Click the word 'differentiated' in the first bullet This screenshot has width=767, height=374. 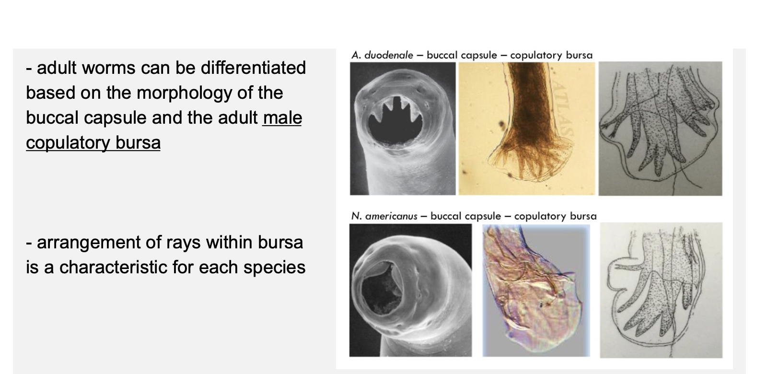tap(253, 68)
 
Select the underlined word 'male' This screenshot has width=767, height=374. tap(282, 118)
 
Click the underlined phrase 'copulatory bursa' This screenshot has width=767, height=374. tap(93, 143)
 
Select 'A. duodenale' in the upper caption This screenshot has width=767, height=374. tap(382, 55)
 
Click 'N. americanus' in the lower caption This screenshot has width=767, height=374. tap(384, 216)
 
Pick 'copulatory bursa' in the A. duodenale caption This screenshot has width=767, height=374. tap(551, 56)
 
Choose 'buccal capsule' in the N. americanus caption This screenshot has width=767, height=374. tap(465, 216)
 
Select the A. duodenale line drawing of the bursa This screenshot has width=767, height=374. tap(661, 129)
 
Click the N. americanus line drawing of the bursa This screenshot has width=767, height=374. tap(661, 290)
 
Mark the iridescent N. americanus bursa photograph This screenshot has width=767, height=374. tap(536, 291)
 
